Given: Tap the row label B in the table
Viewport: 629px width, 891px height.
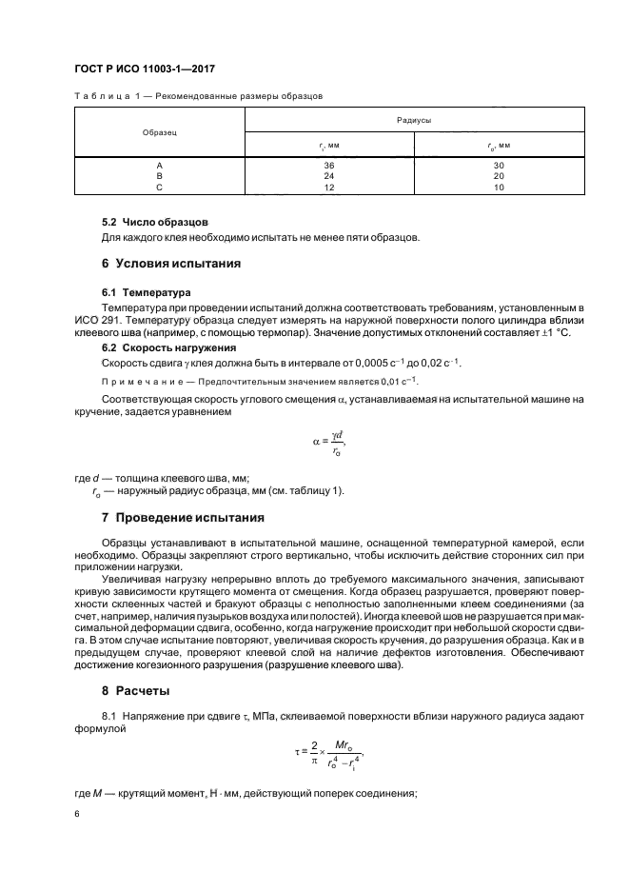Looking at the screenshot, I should point(159,176).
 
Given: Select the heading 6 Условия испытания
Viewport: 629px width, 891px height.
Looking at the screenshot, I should point(171,263).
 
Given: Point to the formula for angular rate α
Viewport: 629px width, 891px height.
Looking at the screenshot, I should point(329,440).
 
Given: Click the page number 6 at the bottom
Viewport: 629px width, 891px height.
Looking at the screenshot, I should point(76,814).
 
